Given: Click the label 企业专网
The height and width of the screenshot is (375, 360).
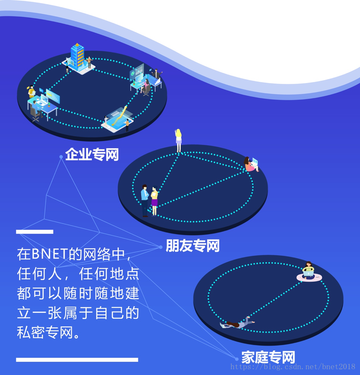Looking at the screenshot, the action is [x=92, y=155].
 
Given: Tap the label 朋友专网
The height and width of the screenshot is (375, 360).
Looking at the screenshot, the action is [x=192, y=246].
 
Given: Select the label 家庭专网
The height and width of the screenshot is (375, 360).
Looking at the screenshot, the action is [x=268, y=357].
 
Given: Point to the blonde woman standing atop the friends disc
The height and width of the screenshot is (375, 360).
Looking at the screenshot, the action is [x=179, y=140].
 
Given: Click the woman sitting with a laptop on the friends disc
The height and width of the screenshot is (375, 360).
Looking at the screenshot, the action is [x=251, y=164].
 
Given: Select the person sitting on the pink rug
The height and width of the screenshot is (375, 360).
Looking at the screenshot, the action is [x=308, y=271].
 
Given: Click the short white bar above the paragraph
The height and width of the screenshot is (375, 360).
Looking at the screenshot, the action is [x=35, y=232].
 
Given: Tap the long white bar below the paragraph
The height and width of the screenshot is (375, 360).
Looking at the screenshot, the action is [x=77, y=360].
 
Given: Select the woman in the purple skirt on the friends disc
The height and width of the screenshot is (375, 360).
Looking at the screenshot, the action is [x=155, y=201].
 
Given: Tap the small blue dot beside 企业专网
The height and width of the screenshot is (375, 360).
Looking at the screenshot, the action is [x=61, y=157].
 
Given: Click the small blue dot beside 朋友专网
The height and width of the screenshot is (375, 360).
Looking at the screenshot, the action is [x=161, y=247].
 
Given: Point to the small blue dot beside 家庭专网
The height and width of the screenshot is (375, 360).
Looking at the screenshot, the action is [x=237, y=359].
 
